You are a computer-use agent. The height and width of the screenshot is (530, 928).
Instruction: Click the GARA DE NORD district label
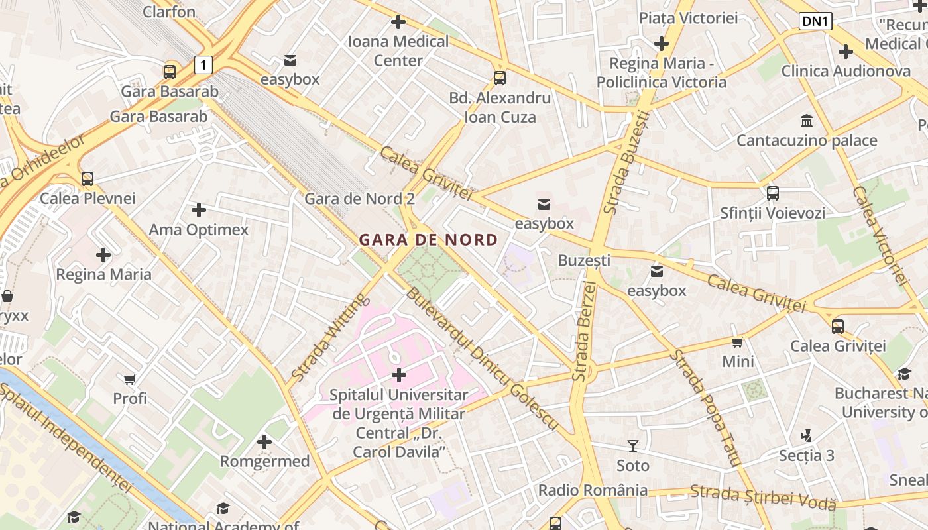(428, 240)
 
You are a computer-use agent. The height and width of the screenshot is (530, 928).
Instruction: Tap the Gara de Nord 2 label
(359, 199)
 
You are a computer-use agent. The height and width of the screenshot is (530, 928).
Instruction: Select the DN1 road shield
(815, 21)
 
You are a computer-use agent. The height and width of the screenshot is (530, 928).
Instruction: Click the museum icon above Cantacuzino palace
(807, 121)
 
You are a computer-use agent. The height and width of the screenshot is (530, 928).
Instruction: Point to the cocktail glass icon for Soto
(633, 446)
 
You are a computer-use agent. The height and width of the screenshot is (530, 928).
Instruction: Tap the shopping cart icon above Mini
(738, 343)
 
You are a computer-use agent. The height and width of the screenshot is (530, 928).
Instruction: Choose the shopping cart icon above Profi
(130, 379)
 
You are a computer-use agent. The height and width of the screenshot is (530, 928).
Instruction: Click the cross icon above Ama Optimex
(198, 211)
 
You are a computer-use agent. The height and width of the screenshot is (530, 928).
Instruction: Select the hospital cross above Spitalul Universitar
(398, 375)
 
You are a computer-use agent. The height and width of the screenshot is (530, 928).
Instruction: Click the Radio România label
(593, 490)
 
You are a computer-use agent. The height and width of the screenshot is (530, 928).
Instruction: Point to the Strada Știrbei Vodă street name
(762, 498)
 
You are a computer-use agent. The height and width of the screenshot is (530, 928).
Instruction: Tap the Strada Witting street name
(329, 337)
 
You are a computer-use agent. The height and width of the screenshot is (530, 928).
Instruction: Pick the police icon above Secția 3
(806, 436)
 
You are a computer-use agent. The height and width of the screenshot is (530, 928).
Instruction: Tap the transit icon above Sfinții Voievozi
(772, 193)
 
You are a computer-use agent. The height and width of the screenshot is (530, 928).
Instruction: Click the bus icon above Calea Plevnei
(87, 179)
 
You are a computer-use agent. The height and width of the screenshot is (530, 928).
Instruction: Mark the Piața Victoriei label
(688, 18)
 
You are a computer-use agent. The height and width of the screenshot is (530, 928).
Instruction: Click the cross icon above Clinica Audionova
(845, 52)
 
